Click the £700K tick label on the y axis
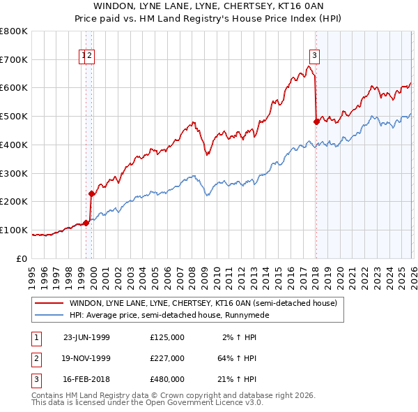[14, 59]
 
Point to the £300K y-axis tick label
[14, 173]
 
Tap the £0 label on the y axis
[22, 258]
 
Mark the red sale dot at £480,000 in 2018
[316, 122]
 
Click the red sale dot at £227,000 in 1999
[91, 193]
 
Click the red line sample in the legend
[49, 303]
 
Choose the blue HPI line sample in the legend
[49, 315]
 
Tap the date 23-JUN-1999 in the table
[86, 337]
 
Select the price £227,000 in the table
[167, 358]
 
